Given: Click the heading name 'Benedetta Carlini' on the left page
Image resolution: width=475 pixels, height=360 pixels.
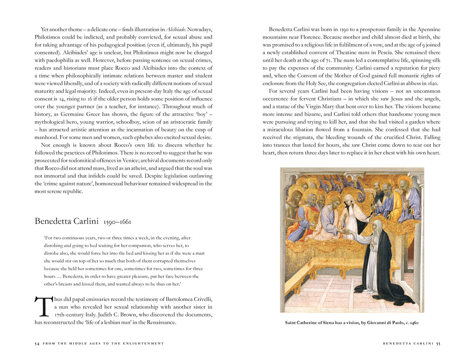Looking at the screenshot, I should click(66, 221).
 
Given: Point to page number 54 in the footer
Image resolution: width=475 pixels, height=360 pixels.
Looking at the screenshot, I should click(37, 343).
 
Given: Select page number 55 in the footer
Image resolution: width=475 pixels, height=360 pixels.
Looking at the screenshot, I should click(438, 343).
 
